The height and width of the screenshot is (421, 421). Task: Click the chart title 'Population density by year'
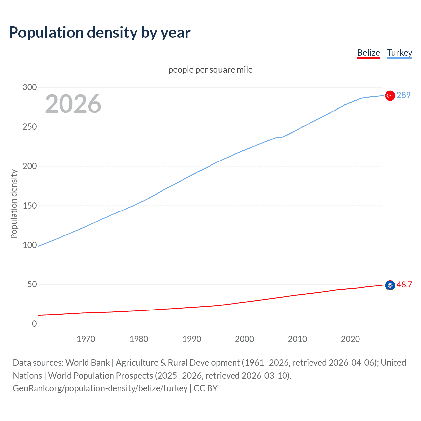pyautogui.click(x=100, y=33)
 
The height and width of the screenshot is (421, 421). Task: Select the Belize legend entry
pyautogui.click(x=368, y=53)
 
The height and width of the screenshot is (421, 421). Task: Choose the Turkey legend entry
pyautogui.click(x=399, y=53)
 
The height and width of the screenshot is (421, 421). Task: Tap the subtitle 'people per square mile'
pyautogui.click(x=210, y=70)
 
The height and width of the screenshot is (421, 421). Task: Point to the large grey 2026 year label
pyautogui.click(x=73, y=104)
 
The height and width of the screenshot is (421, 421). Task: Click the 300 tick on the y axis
pyautogui.click(x=30, y=87)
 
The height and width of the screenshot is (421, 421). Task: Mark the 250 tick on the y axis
pyautogui.click(x=30, y=127)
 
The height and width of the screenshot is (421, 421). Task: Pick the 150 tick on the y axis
pyautogui.click(x=30, y=206)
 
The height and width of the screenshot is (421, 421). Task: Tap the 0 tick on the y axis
pyautogui.click(x=34, y=324)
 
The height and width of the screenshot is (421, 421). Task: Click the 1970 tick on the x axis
pyautogui.click(x=86, y=339)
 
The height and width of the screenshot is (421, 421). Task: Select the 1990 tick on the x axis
pyautogui.click(x=192, y=339)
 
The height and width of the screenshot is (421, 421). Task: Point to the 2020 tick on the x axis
pyautogui.click(x=350, y=339)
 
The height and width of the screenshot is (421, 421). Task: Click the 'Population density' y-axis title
pyautogui.click(x=14, y=204)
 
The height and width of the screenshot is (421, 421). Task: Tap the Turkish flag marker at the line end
pyautogui.click(x=390, y=95)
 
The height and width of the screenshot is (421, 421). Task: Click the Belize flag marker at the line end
pyautogui.click(x=390, y=285)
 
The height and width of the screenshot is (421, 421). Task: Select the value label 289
pyautogui.click(x=404, y=95)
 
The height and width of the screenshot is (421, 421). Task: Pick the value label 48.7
pyautogui.click(x=404, y=285)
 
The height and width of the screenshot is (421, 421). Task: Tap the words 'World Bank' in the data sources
pyautogui.click(x=87, y=363)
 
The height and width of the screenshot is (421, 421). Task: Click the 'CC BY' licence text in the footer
pyautogui.click(x=206, y=388)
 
